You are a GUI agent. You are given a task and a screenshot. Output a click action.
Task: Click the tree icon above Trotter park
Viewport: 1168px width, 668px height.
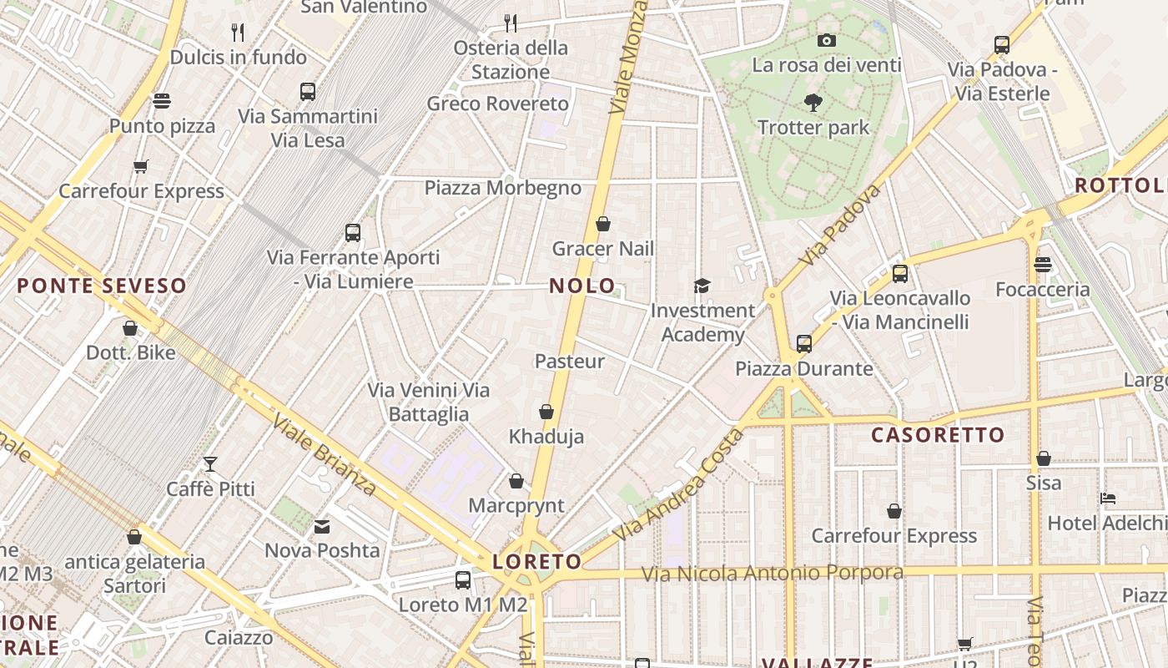(813, 103)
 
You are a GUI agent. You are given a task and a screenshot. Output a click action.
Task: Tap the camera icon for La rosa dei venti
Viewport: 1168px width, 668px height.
(827, 40)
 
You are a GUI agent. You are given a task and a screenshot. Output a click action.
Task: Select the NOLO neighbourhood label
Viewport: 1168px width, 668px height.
(582, 286)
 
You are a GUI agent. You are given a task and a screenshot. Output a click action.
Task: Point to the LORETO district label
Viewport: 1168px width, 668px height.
(536, 562)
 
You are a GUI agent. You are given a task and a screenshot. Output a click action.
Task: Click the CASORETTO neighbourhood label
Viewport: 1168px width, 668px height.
(938, 435)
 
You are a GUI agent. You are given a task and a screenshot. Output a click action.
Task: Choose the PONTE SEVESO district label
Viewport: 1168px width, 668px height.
(102, 286)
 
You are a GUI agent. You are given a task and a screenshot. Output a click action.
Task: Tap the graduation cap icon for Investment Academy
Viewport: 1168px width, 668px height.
(702, 286)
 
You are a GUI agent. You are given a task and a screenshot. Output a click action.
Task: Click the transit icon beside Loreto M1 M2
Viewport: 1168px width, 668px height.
(463, 579)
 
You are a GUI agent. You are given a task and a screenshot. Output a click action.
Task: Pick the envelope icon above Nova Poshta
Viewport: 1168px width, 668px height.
(322, 527)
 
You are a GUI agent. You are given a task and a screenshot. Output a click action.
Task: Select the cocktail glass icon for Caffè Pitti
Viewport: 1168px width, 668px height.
(210, 463)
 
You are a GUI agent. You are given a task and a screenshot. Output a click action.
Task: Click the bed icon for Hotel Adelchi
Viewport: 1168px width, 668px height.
(1108, 498)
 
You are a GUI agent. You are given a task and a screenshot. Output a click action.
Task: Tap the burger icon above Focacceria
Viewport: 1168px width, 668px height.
(1042, 265)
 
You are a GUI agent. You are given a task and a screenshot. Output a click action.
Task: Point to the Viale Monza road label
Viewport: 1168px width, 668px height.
(629, 57)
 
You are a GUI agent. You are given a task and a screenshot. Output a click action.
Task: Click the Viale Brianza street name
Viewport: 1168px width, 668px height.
(323, 455)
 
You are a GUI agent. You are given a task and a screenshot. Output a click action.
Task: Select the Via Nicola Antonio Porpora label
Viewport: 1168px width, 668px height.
(773, 574)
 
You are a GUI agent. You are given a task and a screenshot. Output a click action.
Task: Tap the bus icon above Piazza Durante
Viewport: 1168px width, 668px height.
(804, 343)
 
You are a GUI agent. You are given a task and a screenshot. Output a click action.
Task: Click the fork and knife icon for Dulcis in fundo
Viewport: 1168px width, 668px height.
(239, 33)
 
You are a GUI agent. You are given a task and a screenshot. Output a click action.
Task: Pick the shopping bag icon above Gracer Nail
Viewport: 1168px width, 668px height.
(603, 224)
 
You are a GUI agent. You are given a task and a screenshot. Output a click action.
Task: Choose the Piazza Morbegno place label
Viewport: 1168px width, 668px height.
(502, 188)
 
